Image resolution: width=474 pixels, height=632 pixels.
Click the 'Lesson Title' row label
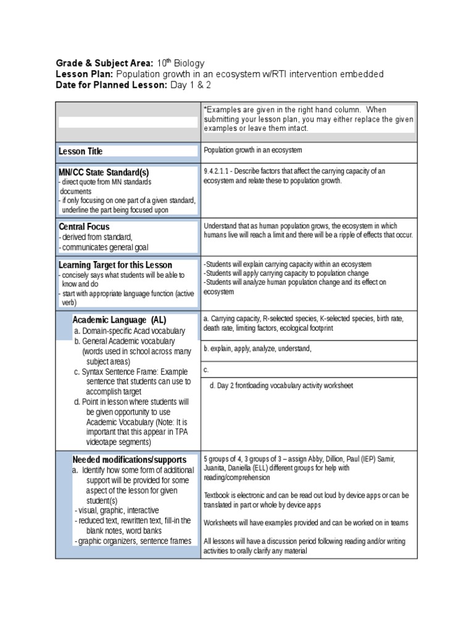81,151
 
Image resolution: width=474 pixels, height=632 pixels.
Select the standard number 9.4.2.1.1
218,171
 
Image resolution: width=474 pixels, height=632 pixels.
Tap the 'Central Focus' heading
84,227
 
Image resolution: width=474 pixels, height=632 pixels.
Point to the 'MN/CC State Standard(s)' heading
104,172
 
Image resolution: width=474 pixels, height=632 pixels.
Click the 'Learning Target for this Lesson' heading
115,265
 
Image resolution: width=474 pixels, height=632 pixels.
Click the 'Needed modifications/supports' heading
129,460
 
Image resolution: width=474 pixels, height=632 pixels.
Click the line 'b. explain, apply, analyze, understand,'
258,349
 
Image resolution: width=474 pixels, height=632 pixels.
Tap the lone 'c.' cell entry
206,370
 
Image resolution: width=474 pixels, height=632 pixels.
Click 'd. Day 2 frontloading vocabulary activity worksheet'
281,386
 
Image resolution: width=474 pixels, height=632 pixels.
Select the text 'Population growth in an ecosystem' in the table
252,150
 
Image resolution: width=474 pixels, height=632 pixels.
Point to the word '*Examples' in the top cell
220,109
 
